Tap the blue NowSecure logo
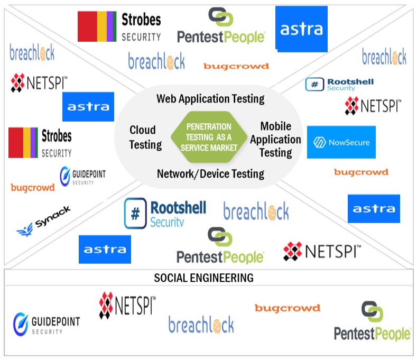click(341, 142)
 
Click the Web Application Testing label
click(210, 99)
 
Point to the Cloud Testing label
click(143, 137)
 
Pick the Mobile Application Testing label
click(275, 140)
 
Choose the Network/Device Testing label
click(210, 173)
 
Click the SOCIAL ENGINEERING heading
click(203, 278)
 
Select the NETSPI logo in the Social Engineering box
click(127, 307)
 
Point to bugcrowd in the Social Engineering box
click(287, 308)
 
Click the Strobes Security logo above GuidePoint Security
click(40, 143)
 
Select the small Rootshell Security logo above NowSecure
click(339, 84)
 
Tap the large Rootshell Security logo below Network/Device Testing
click(165, 214)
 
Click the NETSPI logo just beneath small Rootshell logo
click(373, 106)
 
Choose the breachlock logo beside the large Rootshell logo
click(256, 211)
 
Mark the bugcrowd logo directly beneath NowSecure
click(361, 172)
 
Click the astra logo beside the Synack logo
click(105, 249)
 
